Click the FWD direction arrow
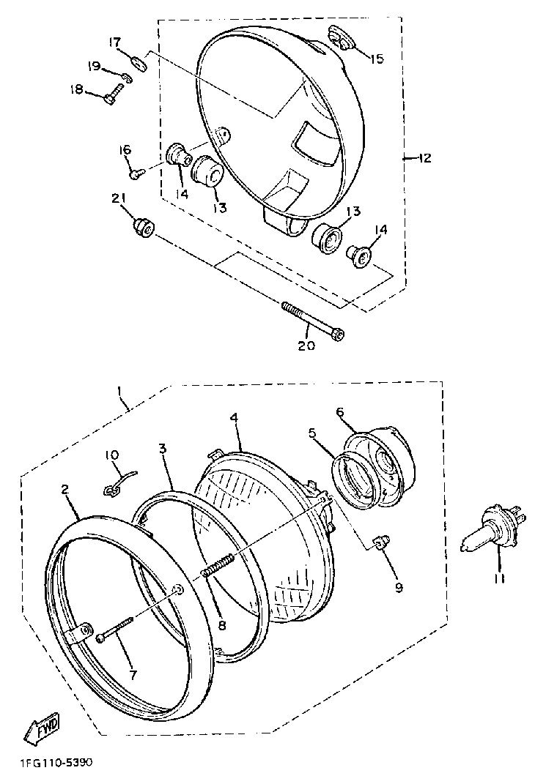click(41, 728)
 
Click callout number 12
click(424, 158)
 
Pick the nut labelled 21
click(142, 228)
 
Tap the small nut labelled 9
click(380, 542)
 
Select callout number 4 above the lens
click(234, 417)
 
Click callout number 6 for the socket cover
click(340, 411)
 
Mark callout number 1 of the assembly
click(119, 392)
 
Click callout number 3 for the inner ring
click(162, 448)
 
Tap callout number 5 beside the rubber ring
click(312, 433)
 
